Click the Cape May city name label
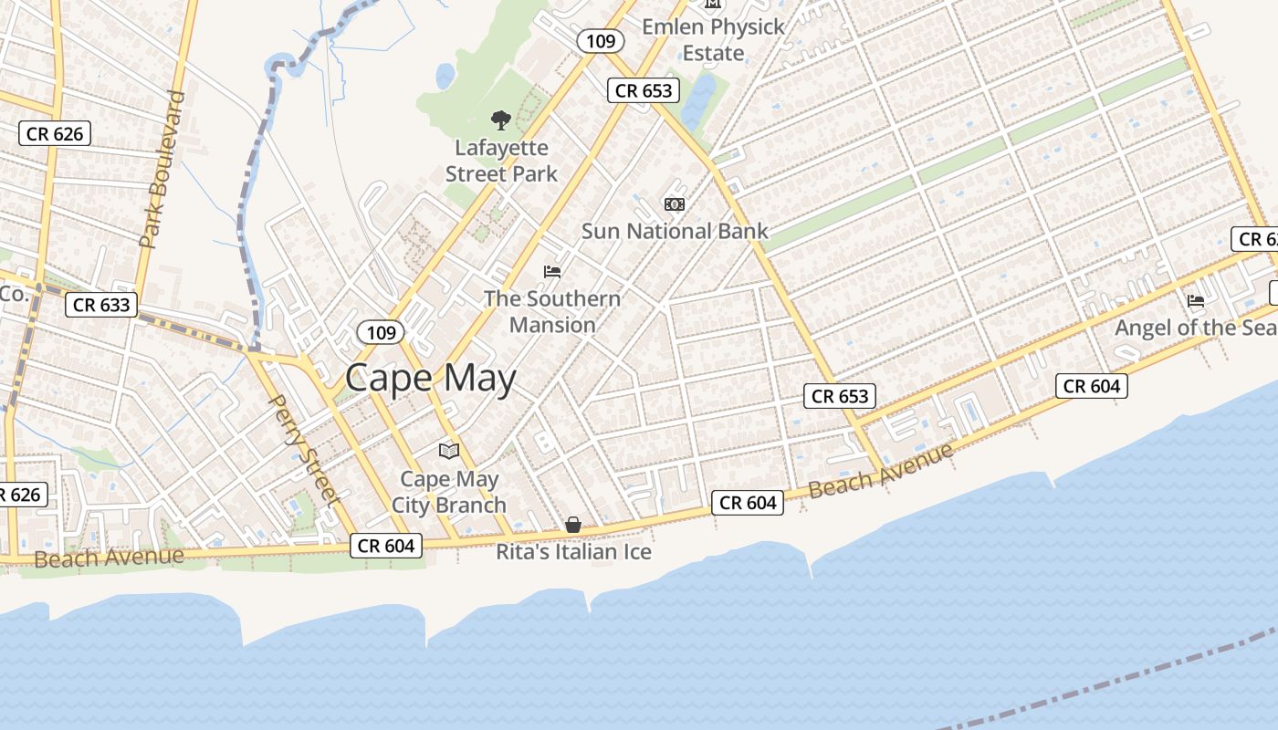tap(431, 378)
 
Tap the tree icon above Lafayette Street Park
tap(500, 120)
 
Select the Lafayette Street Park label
tap(501, 161)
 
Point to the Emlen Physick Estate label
tap(713, 40)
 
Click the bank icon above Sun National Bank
tap(675, 203)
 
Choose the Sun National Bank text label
tap(675, 232)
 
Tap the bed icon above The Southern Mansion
tap(551, 271)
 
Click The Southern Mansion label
tap(552, 311)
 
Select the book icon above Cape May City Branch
tap(448, 451)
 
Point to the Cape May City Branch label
tap(449, 492)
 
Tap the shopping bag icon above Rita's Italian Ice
tap(573, 525)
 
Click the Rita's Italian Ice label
tap(573, 552)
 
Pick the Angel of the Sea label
tap(1195, 328)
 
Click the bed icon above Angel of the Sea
tap(1195, 300)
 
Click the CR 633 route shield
tap(101, 305)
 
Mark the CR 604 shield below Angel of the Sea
tap(1092, 386)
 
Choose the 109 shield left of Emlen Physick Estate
tap(601, 41)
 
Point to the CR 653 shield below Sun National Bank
tap(840, 396)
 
